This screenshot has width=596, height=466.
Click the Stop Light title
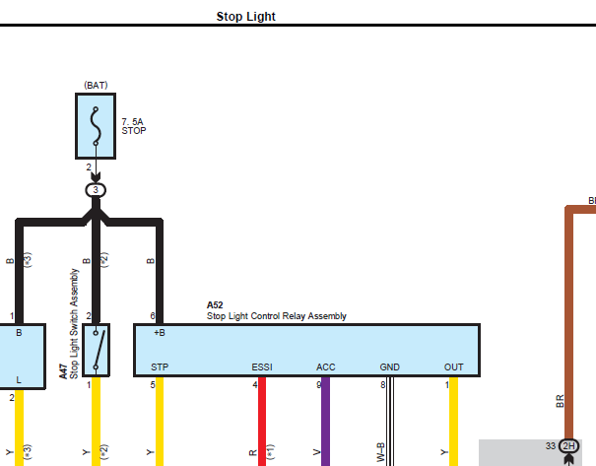pos(246,17)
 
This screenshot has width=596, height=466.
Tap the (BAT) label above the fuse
pos(96,85)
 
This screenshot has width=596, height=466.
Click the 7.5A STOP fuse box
pos(96,126)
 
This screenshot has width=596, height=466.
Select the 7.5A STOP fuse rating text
pos(134,126)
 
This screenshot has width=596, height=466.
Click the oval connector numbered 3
pos(96,190)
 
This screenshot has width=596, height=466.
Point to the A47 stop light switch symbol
pos(96,350)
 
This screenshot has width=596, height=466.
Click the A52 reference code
pos(215,305)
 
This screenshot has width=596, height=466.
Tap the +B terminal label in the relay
pos(160,333)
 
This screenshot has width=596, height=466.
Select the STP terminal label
pos(160,367)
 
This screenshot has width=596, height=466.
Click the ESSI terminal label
pos(262,367)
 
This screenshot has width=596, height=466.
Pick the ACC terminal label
pos(326,367)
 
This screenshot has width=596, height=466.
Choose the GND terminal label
pos(389,367)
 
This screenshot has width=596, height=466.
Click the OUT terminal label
pos(453,367)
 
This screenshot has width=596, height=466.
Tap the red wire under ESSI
pos(262,422)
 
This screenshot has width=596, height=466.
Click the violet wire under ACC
pos(326,422)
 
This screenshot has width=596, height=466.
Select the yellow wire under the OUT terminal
pos(453,422)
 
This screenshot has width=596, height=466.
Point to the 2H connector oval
pos(568,446)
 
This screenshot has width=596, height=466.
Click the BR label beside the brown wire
pos(560,401)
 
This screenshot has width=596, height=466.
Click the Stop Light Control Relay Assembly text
pos(277,316)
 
